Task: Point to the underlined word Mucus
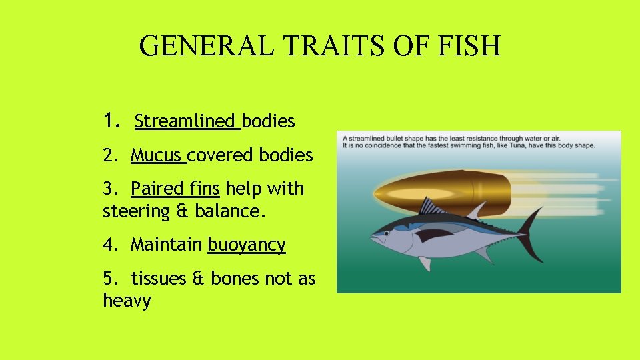(157, 155)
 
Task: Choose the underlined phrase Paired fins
(175, 189)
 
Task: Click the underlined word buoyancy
(247, 245)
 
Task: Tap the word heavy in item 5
(127, 301)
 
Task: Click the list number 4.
(107, 245)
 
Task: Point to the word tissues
(159, 278)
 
